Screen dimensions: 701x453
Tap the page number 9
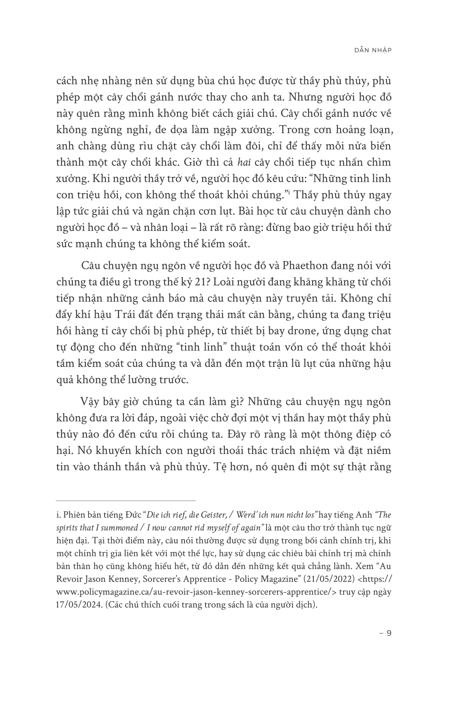[388, 633]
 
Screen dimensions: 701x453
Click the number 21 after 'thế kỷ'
[192, 282]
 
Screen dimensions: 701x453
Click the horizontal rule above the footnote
[126, 500]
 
